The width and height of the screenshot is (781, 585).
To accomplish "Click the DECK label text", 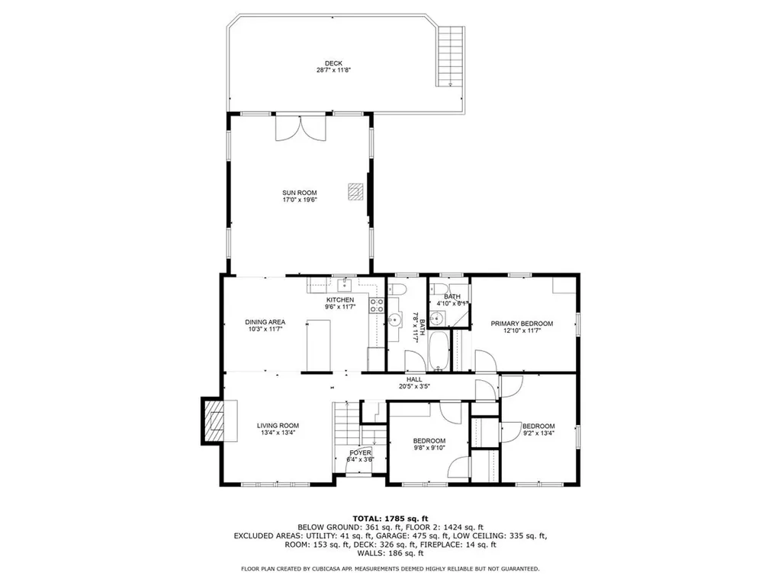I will [x=333, y=63].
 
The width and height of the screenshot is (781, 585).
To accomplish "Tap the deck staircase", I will [x=450, y=56].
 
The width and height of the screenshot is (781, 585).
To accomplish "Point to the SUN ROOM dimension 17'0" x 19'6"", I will [x=299, y=200].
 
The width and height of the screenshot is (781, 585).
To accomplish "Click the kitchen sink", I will [x=344, y=285].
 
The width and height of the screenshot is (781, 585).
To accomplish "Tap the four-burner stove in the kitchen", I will [x=377, y=305].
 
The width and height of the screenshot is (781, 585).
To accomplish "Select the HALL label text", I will [x=414, y=379].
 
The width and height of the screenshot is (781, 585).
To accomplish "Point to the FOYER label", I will [x=361, y=452].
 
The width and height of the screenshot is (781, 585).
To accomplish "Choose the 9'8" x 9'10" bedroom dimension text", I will [x=429, y=449].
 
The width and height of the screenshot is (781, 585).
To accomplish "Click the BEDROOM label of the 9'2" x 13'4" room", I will [x=538, y=426].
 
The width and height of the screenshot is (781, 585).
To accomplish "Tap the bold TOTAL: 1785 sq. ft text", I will [x=390, y=518].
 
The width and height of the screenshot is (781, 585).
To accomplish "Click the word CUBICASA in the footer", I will [x=338, y=568].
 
